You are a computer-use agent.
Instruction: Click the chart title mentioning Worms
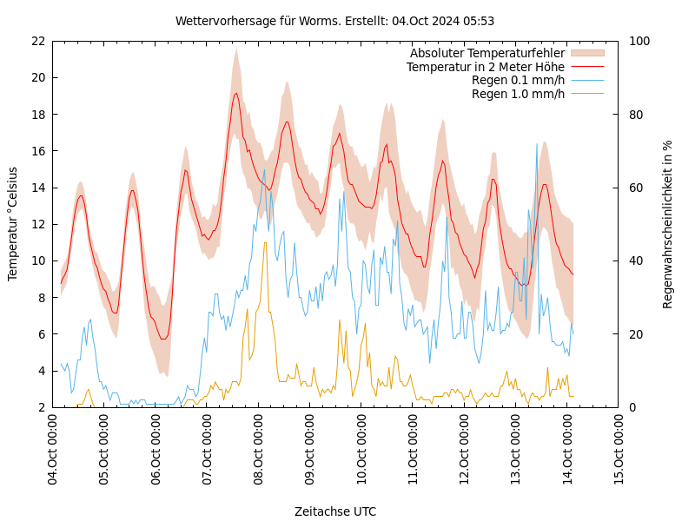[x=334, y=21]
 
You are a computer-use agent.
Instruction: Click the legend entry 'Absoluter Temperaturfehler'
[x=486, y=53]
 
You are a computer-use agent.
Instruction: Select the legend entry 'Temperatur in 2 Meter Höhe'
[x=485, y=67]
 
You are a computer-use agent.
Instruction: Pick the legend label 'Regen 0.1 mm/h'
[x=518, y=81]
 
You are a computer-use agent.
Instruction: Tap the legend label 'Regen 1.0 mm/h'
[x=518, y=94]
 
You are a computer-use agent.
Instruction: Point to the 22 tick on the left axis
[x=37, y=41]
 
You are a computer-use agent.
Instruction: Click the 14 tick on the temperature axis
[x=37, y=188]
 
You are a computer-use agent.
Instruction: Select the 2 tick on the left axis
[x=41, y=407]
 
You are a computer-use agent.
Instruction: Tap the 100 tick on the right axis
[x=638, y=41]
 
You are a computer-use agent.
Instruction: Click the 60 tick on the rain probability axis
[x=634, y=188]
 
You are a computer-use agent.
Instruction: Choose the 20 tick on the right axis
[x=634, y=334]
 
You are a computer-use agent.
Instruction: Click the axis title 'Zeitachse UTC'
[x=335, y=511]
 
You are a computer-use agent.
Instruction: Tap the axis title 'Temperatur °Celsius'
[x=13, y=223]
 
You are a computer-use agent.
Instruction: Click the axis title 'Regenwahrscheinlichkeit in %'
[x=668, y=224]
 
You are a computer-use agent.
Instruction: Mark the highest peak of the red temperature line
[x=235, y=94]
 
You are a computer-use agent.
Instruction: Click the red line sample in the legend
[x=586, y=67]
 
